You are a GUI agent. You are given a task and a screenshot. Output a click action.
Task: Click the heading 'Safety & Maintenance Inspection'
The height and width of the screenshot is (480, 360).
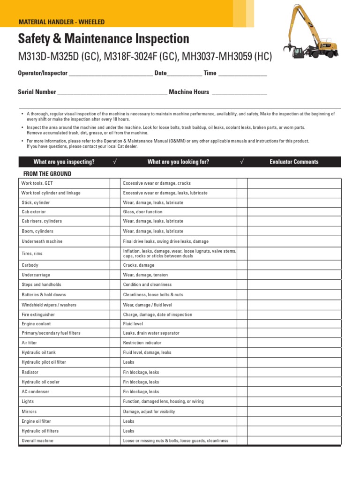pyautogui.click(x=103, y=39)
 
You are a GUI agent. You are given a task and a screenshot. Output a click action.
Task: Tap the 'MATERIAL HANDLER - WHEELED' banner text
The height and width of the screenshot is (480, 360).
pyautogui.click(x=61, y=22)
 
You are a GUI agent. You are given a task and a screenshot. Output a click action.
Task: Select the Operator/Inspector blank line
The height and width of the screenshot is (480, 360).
pyautogui.click(x=111, y=74)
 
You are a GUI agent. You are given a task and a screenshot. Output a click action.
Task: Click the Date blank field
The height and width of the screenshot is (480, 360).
pyautogui.click(x=185, y=74)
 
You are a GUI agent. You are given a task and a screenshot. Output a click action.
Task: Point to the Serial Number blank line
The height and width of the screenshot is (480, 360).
pyautogui.click(x=112, y=92)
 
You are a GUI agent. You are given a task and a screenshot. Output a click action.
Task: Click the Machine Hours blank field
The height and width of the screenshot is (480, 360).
pyautogui.click(x=239, y=92)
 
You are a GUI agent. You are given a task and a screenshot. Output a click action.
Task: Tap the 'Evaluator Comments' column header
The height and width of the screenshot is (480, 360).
pyautogui.click(x=294, y=162)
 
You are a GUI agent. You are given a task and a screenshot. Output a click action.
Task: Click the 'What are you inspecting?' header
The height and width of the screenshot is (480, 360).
pyautogui.click(x=64, y=162)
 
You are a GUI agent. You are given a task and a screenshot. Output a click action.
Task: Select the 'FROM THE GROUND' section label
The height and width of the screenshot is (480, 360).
pyautogui.click(x=45, y=173)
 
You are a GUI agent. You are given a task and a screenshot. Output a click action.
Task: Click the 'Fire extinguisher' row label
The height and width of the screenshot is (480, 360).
pyautogui.click(x=38, y=315)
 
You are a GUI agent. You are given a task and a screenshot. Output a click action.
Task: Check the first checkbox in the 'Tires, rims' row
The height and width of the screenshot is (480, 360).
pyautogui.click(x=115, y=254)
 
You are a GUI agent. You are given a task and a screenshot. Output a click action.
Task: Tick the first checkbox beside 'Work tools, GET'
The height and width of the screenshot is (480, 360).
pyautogui.click(x=115, y=183)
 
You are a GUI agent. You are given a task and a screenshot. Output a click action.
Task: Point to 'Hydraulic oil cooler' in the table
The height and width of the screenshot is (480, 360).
pyautogui.click(x=41, y=382)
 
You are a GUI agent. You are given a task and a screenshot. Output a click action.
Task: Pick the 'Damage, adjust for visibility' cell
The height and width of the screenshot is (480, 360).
pyautogui.click(x=149, y=412)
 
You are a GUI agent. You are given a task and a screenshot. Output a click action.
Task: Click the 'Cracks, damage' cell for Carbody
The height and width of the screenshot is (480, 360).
pyautogui.click(x=138, y=265)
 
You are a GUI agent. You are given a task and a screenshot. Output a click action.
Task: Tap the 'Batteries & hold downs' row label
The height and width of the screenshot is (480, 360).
pyautogui.click(x=44, y=295)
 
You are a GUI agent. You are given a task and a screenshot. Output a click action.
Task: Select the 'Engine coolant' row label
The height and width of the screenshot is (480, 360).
pyautogui.click(x=36, y=324)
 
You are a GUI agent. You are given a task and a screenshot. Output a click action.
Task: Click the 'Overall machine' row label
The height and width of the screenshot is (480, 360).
pyautogui.click(x=37, y=441)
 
